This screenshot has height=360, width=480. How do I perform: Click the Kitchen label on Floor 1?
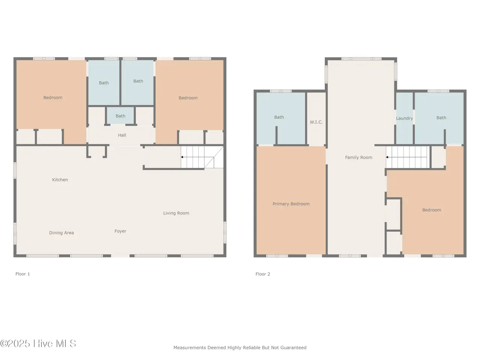pos(60,180)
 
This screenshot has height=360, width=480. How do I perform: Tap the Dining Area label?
pos(61,233)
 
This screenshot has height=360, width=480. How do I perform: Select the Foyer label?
pos(120,231)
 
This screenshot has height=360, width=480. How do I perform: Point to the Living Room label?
pos(176,213)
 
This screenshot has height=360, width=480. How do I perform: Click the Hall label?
pos(122,135)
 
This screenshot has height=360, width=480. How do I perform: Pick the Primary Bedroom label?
pos(291,204)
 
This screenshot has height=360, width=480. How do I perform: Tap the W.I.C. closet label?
pos(316,122)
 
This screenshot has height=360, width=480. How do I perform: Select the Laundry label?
pos(405,118)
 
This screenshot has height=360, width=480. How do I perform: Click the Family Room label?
pos(358,157)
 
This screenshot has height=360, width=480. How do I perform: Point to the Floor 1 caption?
pos(22,274)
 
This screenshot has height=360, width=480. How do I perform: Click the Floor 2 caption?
pos(263,274)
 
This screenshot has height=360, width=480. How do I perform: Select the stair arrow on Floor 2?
pos(406,157)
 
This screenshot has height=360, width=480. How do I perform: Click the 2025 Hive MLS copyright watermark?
pos(38,343)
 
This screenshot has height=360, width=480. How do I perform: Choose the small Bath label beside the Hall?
pos(120,116)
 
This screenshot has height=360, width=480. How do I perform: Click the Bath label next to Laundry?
pos(441,118)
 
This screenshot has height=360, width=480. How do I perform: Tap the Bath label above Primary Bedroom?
pos(279,117)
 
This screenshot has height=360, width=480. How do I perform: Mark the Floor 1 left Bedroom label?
pos(53,97)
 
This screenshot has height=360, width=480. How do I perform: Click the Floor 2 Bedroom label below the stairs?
pos(432,210)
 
